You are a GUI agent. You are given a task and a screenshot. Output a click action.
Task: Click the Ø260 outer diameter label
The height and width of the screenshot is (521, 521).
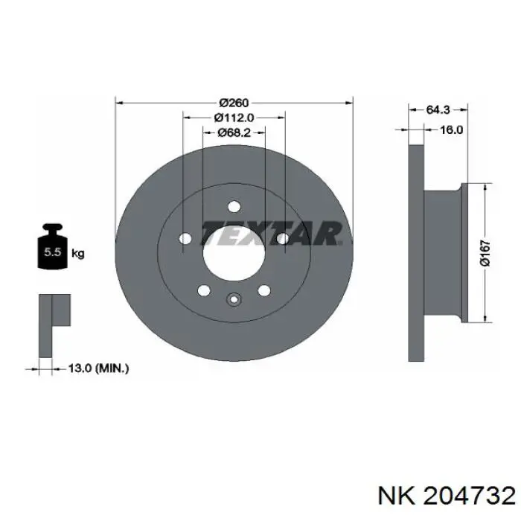click(x=234, y=103)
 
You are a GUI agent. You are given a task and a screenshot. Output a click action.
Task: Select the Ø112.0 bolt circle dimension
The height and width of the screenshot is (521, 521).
click(x=234, y=118)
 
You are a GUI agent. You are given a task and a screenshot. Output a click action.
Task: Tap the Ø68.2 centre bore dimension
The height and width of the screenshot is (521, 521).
click(x=234, y=132)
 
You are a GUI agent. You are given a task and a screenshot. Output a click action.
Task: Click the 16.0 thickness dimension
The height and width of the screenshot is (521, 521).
click(x=452, y=130)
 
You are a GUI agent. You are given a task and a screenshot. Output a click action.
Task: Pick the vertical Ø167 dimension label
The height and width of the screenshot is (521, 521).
click(x=485, y=253)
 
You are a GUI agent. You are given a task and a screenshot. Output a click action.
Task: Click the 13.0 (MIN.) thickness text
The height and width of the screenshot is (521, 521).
click(x=98, y=368)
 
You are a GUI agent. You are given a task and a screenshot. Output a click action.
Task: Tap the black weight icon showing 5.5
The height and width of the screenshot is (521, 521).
click(x=53, y=246)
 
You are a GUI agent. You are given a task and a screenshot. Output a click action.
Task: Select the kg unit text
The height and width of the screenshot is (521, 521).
click(x=78, y=254)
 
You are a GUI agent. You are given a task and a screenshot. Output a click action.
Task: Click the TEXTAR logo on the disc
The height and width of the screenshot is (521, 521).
click(x=271, y=233)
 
